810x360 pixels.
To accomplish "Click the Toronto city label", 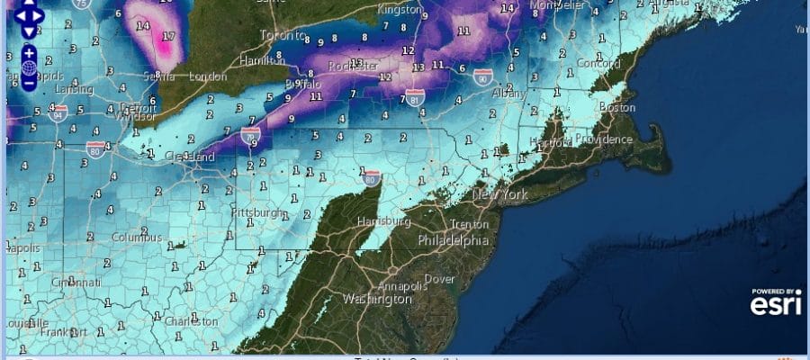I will coord(277,36).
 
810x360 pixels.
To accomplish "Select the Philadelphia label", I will coord(453,240).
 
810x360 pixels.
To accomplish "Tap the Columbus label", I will coord(137,238).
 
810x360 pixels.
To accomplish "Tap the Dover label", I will coord(440,279).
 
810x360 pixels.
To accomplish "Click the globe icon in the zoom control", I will coord(29,67).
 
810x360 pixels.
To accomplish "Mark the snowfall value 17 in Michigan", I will coord(167,38).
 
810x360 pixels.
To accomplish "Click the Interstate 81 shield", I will coord(415,95).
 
